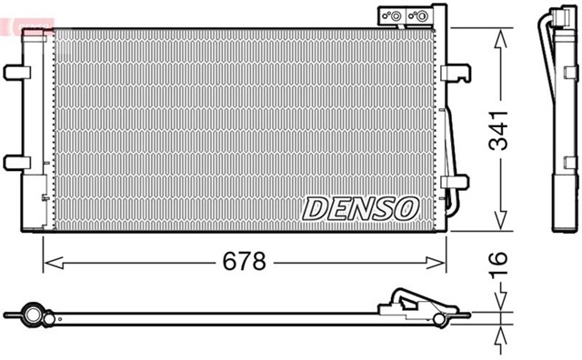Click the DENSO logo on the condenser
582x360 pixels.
(359, 208)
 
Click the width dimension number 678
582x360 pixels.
(245, 262)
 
